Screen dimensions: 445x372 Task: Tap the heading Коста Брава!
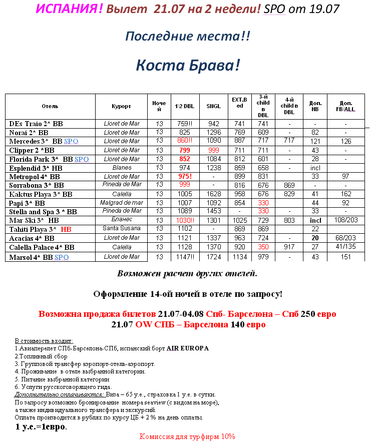188,65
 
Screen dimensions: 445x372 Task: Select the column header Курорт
122,107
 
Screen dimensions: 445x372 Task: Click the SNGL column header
214,107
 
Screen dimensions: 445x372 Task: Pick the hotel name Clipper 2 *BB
32,150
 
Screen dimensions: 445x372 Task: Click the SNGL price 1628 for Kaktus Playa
214,194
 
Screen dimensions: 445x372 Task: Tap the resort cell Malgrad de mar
122,203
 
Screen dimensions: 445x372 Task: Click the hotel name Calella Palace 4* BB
42,247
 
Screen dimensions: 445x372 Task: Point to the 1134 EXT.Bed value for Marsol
239,257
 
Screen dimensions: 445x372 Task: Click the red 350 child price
263,247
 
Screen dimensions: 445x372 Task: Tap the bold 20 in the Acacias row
315,238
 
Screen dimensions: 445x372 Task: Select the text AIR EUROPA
188,348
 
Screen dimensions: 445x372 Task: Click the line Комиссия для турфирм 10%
187,436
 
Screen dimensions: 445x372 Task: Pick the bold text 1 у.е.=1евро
41,427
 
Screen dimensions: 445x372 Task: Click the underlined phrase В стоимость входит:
44,340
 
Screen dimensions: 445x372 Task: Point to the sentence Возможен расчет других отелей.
187,274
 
